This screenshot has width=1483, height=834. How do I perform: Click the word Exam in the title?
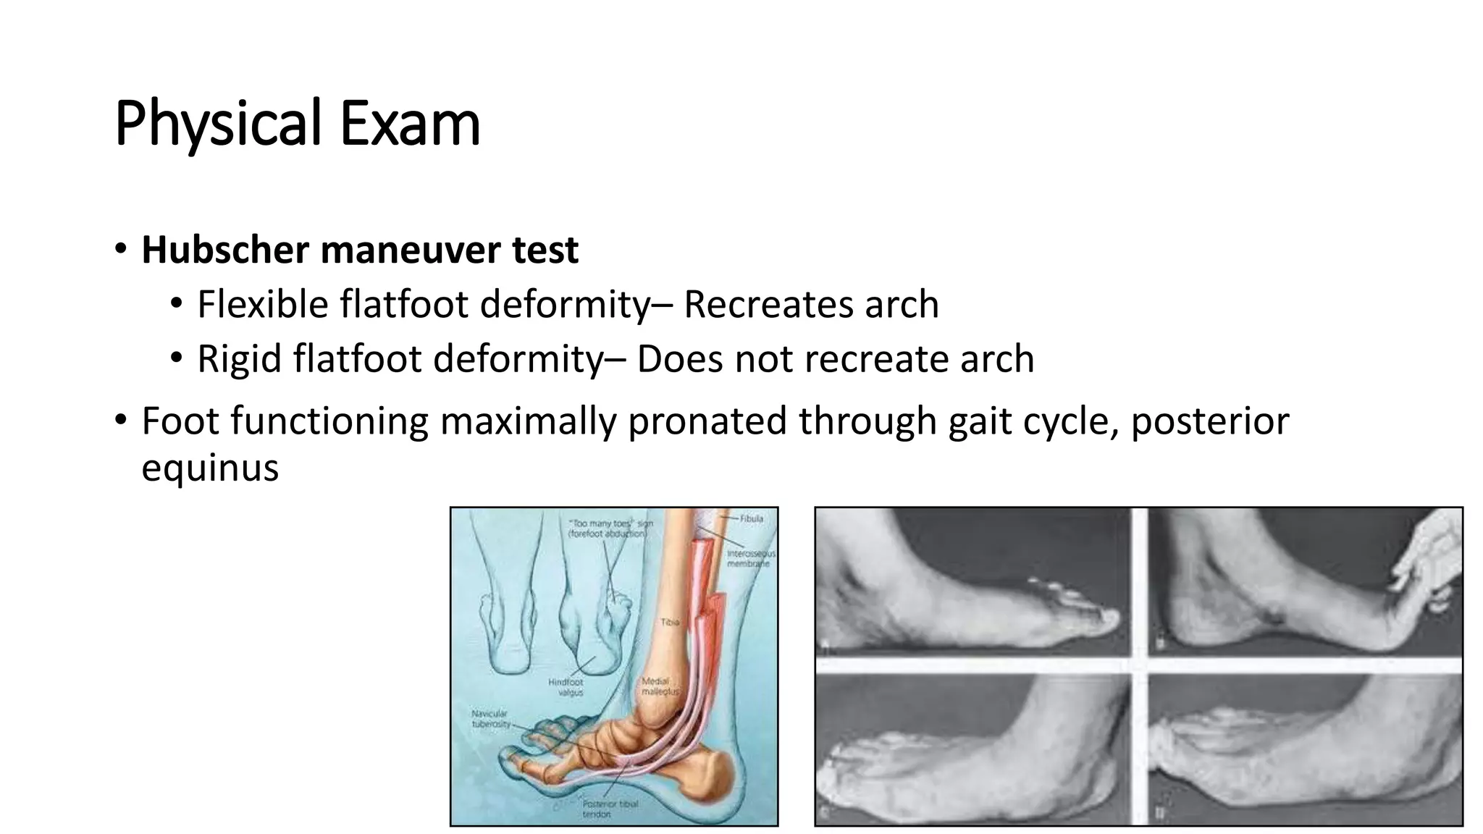[409, 124]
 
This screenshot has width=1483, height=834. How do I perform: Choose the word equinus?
[210, 467]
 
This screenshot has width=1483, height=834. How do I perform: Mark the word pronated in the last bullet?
[706, 421]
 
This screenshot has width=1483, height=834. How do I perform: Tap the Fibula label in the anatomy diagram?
[752, 518]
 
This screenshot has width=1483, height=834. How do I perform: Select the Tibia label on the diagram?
[670, 622]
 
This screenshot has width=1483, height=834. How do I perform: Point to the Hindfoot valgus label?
[566, 687]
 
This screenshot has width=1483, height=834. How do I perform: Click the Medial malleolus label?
[660, 686]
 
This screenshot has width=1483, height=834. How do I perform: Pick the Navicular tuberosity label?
[490, 718]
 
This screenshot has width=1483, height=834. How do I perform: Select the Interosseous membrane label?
[750, 558]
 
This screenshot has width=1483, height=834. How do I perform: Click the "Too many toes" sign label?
[610, 528]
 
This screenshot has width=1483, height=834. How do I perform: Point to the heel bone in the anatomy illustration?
[717, 771]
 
